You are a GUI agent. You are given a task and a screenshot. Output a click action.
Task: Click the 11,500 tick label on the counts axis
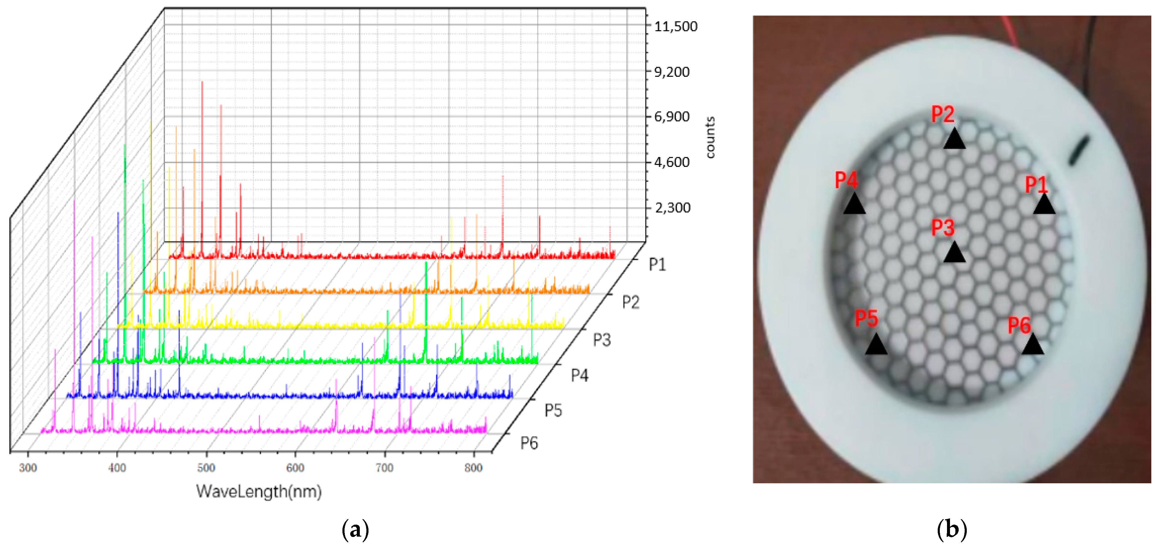point(676,27)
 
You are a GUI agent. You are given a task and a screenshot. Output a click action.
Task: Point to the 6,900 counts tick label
point(671,117)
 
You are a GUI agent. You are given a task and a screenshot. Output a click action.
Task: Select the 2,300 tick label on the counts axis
point(672,208)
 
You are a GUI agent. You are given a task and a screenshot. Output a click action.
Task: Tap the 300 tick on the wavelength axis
point(28,468)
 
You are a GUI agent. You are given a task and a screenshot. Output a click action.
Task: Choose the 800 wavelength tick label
point(473,468)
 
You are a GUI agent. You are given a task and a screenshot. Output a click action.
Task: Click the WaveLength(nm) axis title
point(259,491)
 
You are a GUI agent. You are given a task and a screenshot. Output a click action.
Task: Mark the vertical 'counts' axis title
point(710,137)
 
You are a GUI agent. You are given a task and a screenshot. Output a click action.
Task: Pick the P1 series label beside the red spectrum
point(657,264)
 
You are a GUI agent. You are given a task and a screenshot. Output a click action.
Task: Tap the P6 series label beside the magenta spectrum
point(529,443)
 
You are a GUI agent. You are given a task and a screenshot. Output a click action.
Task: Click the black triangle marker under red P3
point(954,253)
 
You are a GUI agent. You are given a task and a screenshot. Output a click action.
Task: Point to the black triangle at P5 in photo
point(876,345)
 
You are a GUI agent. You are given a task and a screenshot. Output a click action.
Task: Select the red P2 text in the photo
point(942,114)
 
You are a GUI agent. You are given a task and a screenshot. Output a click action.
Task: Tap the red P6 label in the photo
point(1019,325)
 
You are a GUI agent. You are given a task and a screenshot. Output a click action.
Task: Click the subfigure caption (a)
point(355,529)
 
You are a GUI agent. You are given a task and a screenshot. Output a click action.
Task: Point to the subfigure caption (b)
point(951,529)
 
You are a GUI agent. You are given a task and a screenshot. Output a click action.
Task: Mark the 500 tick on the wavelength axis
point(206,468)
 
